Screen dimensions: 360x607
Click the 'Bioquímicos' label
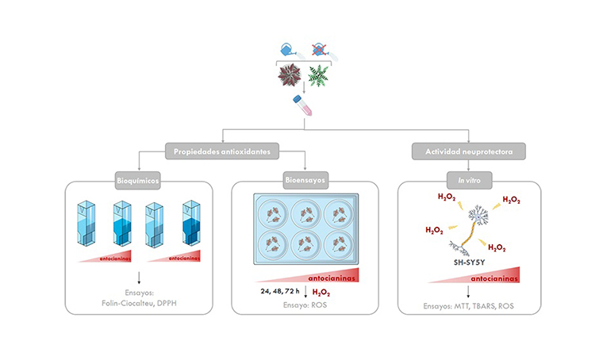(x=138, y=182)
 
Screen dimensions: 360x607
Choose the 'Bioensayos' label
(x=305, y=182)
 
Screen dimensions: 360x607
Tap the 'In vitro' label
(x=466, y=182)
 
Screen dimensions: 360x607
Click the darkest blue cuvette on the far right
(x=190, y=226)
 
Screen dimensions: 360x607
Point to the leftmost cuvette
(x=86, y=226)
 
